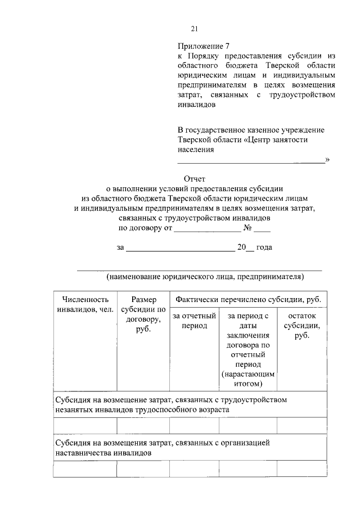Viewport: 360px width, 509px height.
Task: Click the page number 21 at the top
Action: pyautogui.click(x=195, y=29)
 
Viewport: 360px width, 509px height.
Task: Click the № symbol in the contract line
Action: pyautogui.click(x=247, y=228)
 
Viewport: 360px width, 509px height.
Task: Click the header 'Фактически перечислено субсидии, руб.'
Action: pyautogui.click(x=248, y=300)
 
